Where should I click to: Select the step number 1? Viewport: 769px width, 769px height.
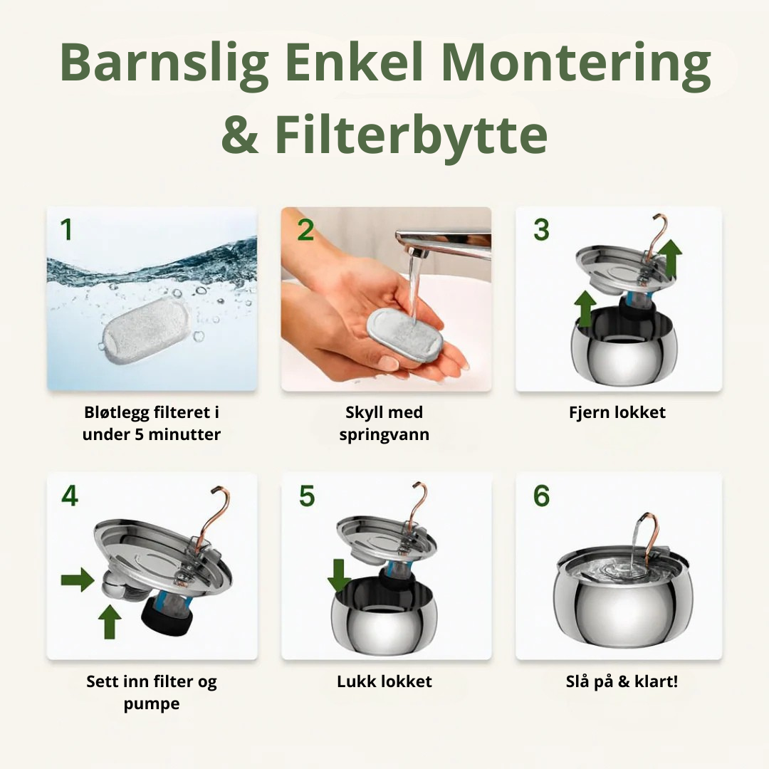[66, 230]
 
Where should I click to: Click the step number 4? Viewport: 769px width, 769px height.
[69, 496]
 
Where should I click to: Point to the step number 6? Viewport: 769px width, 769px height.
[541, 496]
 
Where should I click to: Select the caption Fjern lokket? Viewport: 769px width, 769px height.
[618, 412]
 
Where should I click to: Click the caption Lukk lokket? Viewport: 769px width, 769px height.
[384, 681]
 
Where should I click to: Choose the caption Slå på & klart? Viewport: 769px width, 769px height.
[622, 681]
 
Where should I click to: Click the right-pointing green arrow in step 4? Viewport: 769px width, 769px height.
[77, 580]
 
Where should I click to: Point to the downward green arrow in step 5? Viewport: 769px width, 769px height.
[339, 575]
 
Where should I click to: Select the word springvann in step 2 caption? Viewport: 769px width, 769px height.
[384, 434]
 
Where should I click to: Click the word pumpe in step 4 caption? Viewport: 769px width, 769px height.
[152, 703]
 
